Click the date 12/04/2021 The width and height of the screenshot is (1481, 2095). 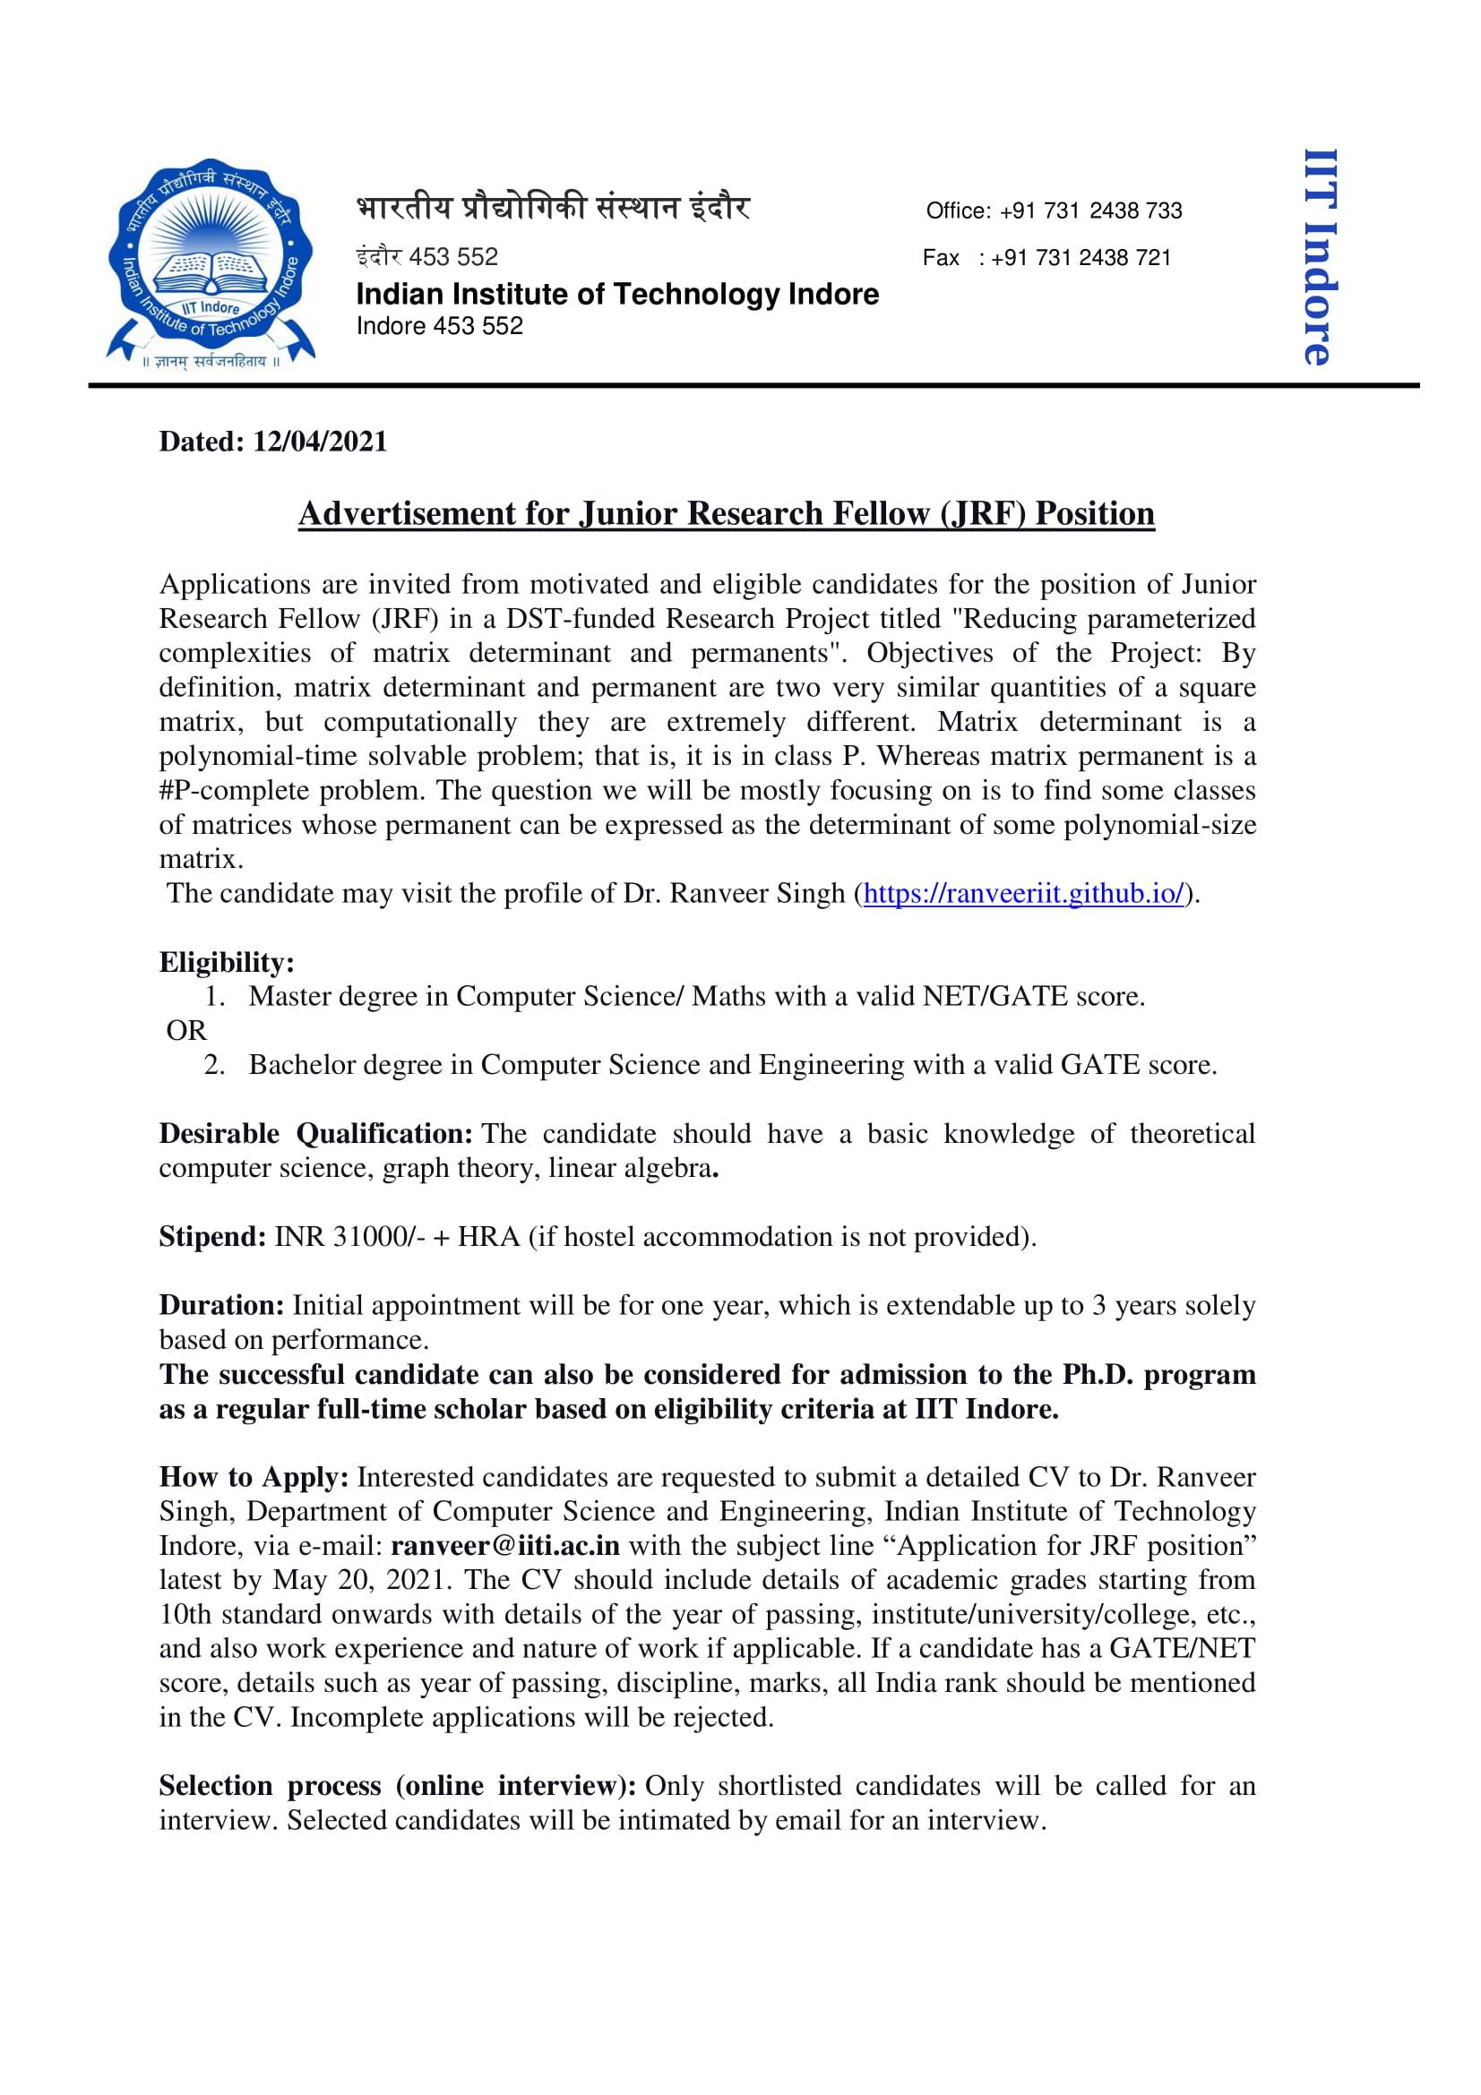(x=319, y=442)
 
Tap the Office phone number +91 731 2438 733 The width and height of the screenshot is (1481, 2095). (x=1090, y=210)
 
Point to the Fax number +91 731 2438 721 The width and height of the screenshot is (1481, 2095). (x=1081, y=257)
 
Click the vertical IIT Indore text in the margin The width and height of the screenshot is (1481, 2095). (x=1320, y=257)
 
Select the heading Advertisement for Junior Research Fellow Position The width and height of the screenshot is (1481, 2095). (x=727, y=514)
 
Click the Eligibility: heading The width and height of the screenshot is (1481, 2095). (x=227, y=962)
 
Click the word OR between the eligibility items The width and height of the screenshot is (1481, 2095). (x=186, y=1030)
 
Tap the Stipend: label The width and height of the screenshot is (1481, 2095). (x=211, y=1236)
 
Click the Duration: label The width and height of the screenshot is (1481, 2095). (x=221, y=1305)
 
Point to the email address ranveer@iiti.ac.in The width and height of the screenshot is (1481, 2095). (x=505, y=1546)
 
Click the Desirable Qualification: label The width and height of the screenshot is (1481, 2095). (x=314, y=1133)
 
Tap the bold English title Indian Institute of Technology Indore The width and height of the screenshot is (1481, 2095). (x=616, y=294)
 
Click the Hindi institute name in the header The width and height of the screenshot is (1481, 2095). (x=553, y=209)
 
